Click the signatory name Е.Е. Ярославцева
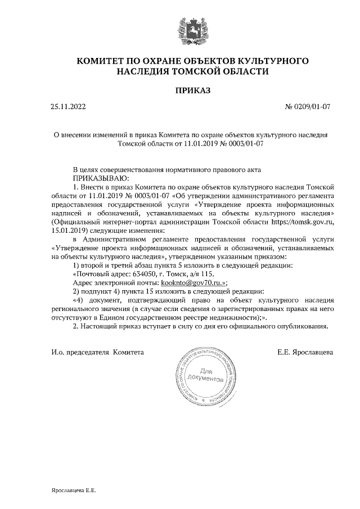[x=304, y=353]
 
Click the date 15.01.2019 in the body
[x=69, y=231]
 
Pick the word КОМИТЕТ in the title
[x=101, y=60]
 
